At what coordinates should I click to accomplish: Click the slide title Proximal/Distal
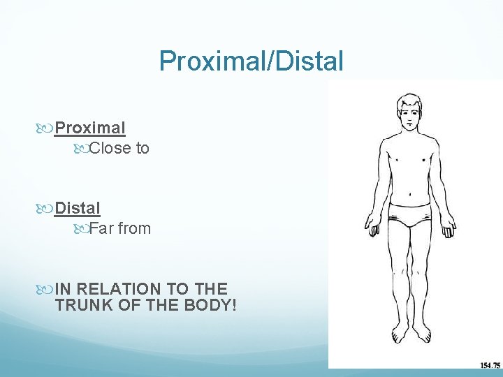tap(251, 61)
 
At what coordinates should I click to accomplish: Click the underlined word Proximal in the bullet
tap(90, 128)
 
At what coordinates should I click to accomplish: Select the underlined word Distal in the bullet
tap(78, 208)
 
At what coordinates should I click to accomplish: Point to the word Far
tap(101, 228)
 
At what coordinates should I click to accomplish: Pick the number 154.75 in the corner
tap(490, 364)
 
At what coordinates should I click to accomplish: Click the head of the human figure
tap(409, 112)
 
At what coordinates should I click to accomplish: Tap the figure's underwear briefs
tap(409, 216)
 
